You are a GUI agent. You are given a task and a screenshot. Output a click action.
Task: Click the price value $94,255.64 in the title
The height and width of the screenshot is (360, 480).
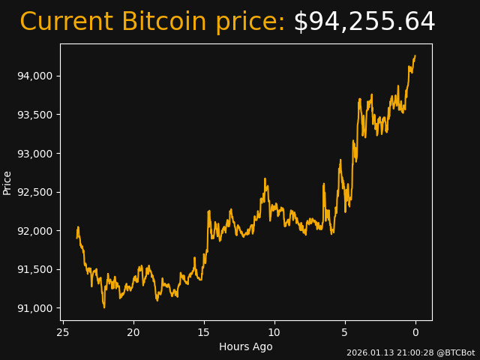pos(364,22)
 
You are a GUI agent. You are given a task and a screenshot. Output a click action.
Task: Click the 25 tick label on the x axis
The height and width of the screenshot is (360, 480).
pos(63,332)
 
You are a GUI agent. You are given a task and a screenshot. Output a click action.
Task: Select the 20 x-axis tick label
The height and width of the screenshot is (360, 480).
pos(133,332)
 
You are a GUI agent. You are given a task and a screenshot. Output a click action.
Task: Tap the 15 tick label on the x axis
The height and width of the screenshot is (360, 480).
pos(204,332)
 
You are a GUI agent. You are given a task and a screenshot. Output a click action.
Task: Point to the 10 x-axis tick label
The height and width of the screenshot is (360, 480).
pos(274,332)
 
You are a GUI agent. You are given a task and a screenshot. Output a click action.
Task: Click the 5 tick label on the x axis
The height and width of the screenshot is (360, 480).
pos(345,332)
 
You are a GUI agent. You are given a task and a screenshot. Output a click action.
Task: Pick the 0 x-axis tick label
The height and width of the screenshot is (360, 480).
pos(415,332)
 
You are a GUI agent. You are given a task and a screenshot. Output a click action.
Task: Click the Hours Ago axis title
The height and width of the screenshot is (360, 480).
pos(246,346)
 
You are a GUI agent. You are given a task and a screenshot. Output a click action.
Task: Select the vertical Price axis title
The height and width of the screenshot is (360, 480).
pos(7,182)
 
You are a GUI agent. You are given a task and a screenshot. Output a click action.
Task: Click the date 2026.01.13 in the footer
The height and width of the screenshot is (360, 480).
pos(370,352)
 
